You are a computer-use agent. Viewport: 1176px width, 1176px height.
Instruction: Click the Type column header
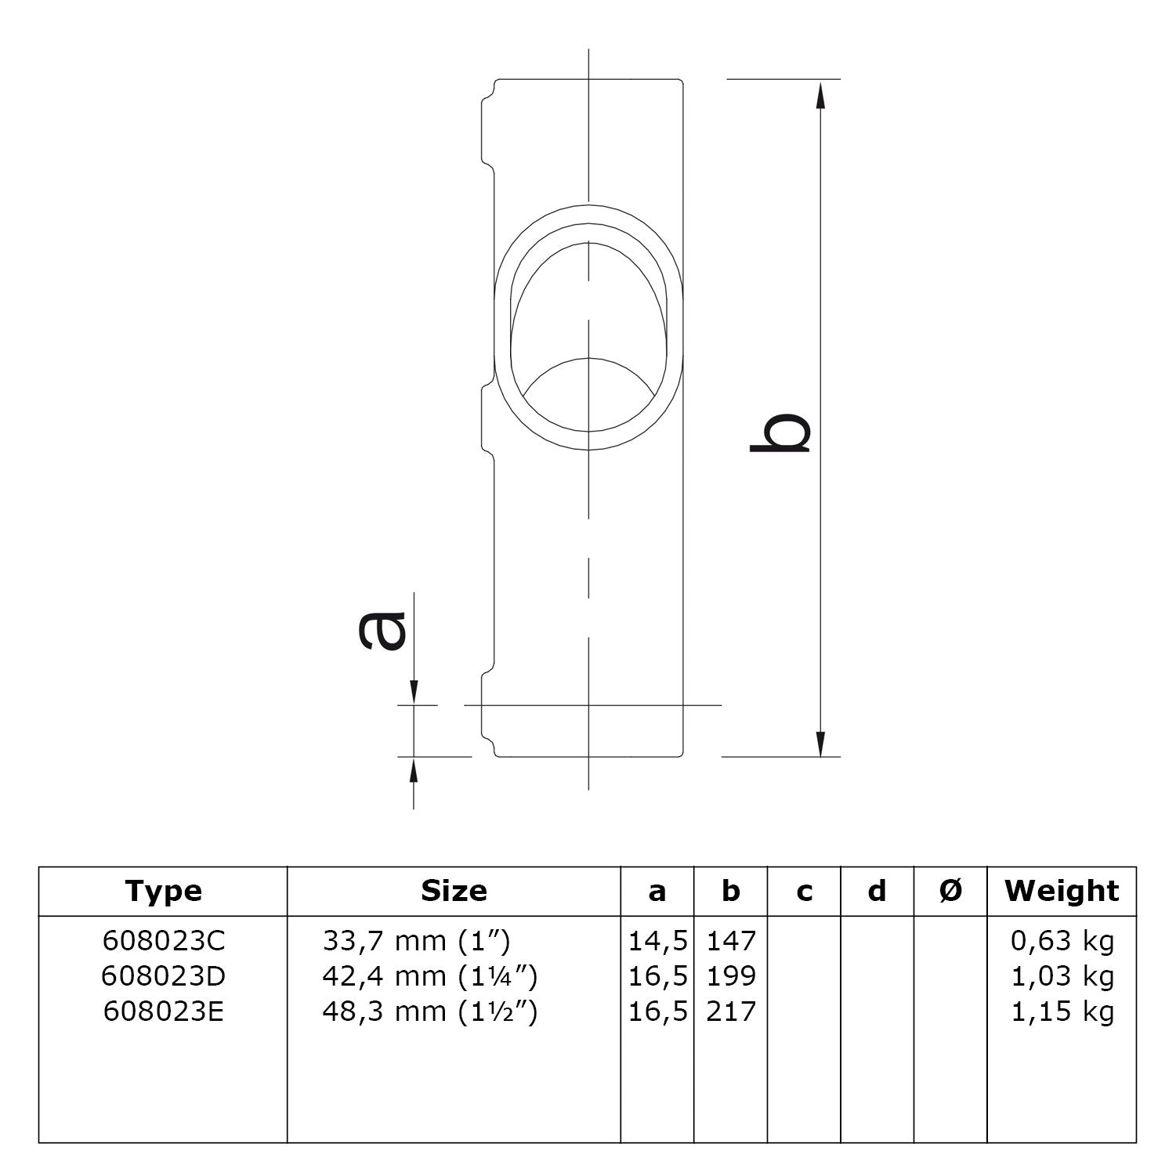pos(163,891)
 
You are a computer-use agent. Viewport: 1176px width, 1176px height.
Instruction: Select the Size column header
pos(454,891)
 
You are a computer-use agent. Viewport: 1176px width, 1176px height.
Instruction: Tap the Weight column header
pos(1062,891)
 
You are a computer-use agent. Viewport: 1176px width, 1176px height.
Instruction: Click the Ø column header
pos(950,891)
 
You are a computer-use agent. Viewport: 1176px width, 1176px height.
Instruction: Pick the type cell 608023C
pos(163,940)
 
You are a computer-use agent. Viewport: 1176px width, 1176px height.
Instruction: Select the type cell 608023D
pos(163,976)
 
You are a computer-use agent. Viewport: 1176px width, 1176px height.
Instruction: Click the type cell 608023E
pos(163,1011)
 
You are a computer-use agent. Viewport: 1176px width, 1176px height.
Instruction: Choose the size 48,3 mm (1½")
pos(429,1011)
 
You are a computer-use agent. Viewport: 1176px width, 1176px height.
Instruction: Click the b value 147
pos(731,940)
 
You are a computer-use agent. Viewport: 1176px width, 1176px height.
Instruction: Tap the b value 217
pos(731,1011)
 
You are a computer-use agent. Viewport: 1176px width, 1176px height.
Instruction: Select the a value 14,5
pos(657,940)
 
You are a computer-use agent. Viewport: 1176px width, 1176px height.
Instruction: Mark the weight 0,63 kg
pos(1062,940)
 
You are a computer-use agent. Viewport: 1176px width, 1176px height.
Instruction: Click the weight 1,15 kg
pos(1062,1011)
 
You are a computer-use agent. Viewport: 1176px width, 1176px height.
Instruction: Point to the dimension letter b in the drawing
pos(780,432)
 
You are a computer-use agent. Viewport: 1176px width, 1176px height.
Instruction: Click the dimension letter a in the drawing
pos(383,631)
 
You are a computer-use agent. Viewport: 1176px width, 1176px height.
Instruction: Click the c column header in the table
pos(804,891)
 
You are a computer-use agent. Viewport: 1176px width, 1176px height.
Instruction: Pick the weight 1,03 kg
pos(1062,976)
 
